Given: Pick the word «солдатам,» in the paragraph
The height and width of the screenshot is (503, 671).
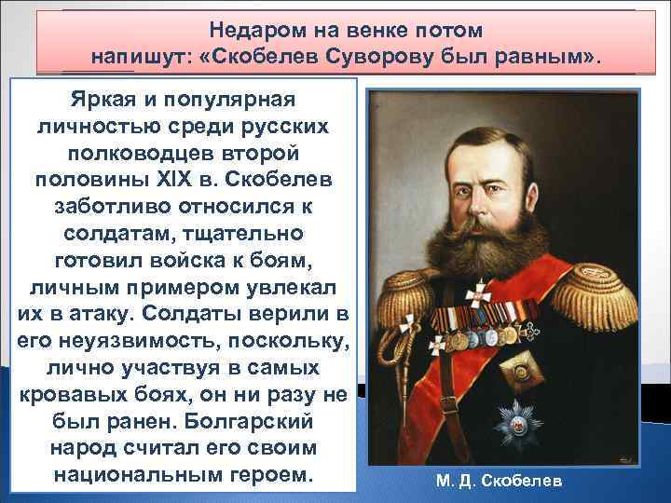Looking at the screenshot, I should (111, 227).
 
